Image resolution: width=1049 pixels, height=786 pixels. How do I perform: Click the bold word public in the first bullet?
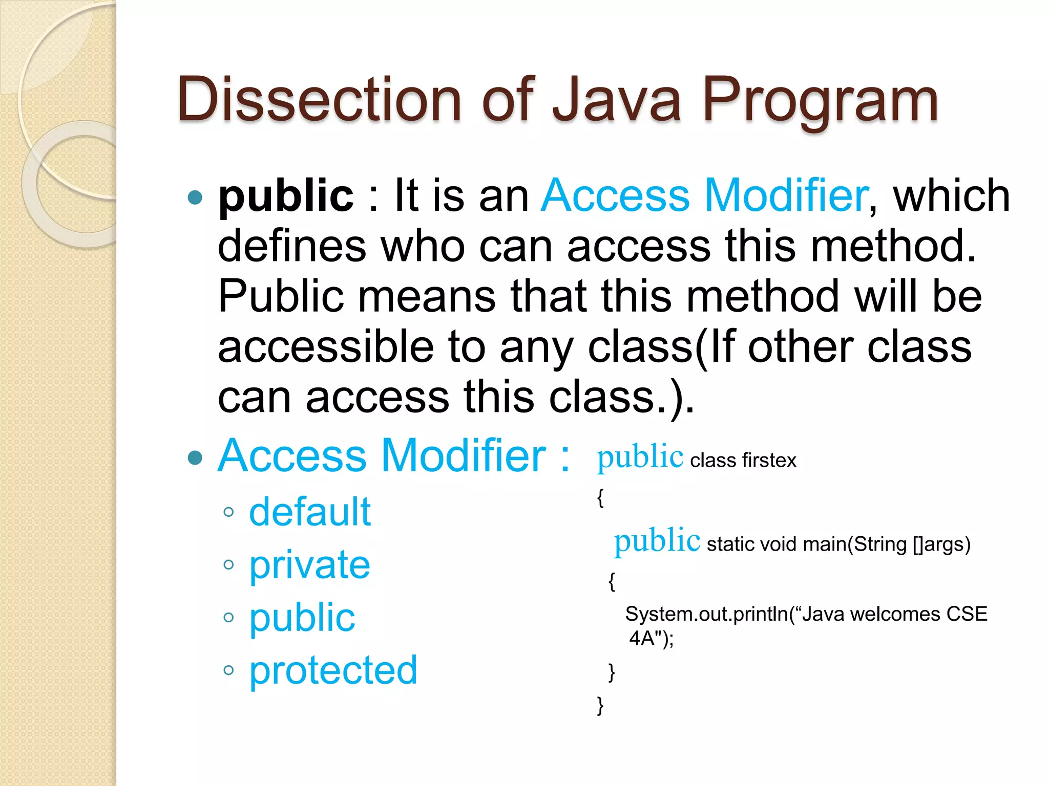tap(286, 197)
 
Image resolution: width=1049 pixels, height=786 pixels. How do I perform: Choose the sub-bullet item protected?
tap(333, 670)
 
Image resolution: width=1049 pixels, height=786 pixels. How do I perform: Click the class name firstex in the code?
tap(769, 461)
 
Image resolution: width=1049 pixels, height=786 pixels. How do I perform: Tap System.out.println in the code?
tap(707, 614)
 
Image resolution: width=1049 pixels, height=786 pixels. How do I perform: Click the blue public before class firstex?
tap(640, 457)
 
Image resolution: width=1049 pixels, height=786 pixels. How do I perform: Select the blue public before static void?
tap(657, 541)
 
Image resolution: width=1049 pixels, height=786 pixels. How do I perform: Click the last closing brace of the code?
tap(600, 706)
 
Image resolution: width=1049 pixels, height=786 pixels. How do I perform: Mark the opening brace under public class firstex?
tap(600, 498)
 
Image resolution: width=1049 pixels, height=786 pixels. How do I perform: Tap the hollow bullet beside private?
tap(228, 565)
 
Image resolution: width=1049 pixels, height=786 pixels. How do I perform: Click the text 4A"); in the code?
tap(651, 639)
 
